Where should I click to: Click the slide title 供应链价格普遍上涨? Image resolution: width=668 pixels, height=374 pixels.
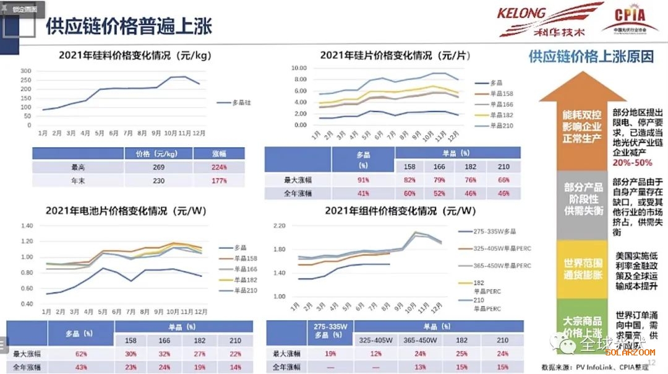click(129, 26)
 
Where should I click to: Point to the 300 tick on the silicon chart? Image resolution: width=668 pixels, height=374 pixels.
click(25, 71)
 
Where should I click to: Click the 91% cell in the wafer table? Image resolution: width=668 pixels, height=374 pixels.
click(363, 180)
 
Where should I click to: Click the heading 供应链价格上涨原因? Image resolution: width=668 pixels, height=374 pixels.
click(591, 56)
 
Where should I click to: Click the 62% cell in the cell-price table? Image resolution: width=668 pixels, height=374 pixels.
click(80, 354)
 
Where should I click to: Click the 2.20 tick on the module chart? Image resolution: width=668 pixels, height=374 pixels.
click(278, 225)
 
